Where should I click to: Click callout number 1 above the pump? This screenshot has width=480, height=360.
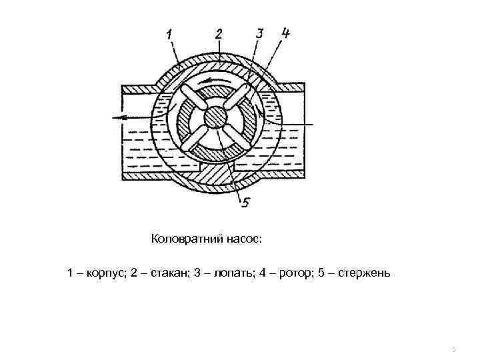point(169,34)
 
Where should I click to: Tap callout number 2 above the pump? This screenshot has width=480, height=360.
point(219,33)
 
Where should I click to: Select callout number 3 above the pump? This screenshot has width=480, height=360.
point(261,33)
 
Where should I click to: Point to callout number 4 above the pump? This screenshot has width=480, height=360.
point(285,33)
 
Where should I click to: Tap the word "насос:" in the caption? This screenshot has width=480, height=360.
point(247,238)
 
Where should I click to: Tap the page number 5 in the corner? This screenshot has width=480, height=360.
point(453,349)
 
